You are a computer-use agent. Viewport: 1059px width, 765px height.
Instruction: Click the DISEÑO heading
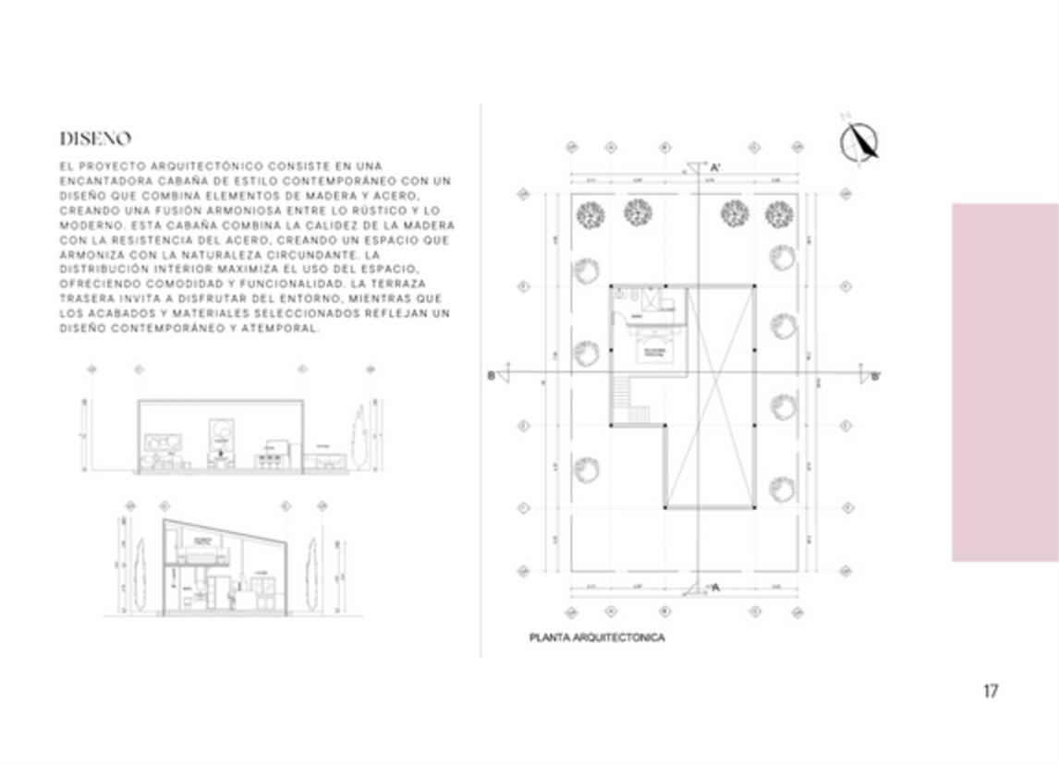(x=95, y=139)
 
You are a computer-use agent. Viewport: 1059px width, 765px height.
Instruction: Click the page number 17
(x=991, y=691)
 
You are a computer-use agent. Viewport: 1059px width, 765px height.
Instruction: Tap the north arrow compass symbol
(x=859, y=141)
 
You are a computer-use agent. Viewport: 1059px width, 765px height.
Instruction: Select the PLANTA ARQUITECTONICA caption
(x=597, y=637)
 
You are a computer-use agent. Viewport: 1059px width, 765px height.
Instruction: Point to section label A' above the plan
(x=715, y=168)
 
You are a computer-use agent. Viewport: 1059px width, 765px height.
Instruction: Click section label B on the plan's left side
(x=492, y=375)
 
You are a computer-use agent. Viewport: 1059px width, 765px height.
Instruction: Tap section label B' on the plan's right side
(x=875, y=376)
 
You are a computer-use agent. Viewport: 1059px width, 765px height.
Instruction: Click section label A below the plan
(x=714, y=587)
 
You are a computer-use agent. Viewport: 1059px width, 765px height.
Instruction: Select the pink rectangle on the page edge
(x=1004, y=382)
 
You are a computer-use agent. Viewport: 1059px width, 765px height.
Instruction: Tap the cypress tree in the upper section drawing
(x=359, y=438)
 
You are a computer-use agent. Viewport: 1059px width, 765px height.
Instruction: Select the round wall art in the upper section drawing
(x=222, y=431)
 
